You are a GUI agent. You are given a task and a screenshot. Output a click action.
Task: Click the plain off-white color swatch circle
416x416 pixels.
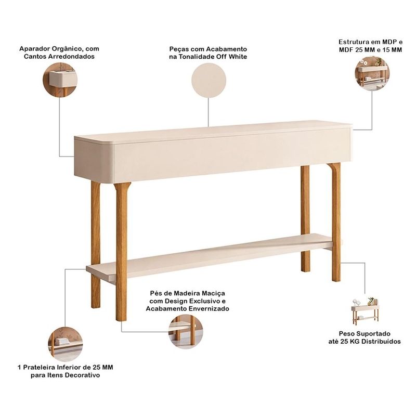(209, 80)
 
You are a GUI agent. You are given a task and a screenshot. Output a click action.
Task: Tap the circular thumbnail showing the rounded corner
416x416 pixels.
(60, 80)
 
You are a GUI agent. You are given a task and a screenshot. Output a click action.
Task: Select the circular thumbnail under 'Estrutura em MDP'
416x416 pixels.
(372, 73)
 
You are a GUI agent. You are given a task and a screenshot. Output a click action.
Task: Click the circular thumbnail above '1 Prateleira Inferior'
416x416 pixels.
(66, 344)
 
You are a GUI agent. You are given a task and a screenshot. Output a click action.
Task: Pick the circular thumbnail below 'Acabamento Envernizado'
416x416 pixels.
(186, 332)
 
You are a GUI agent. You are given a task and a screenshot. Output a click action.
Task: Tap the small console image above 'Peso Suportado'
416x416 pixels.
(366, 311)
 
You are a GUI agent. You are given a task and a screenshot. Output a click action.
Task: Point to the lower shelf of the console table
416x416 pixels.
(210, 256)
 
